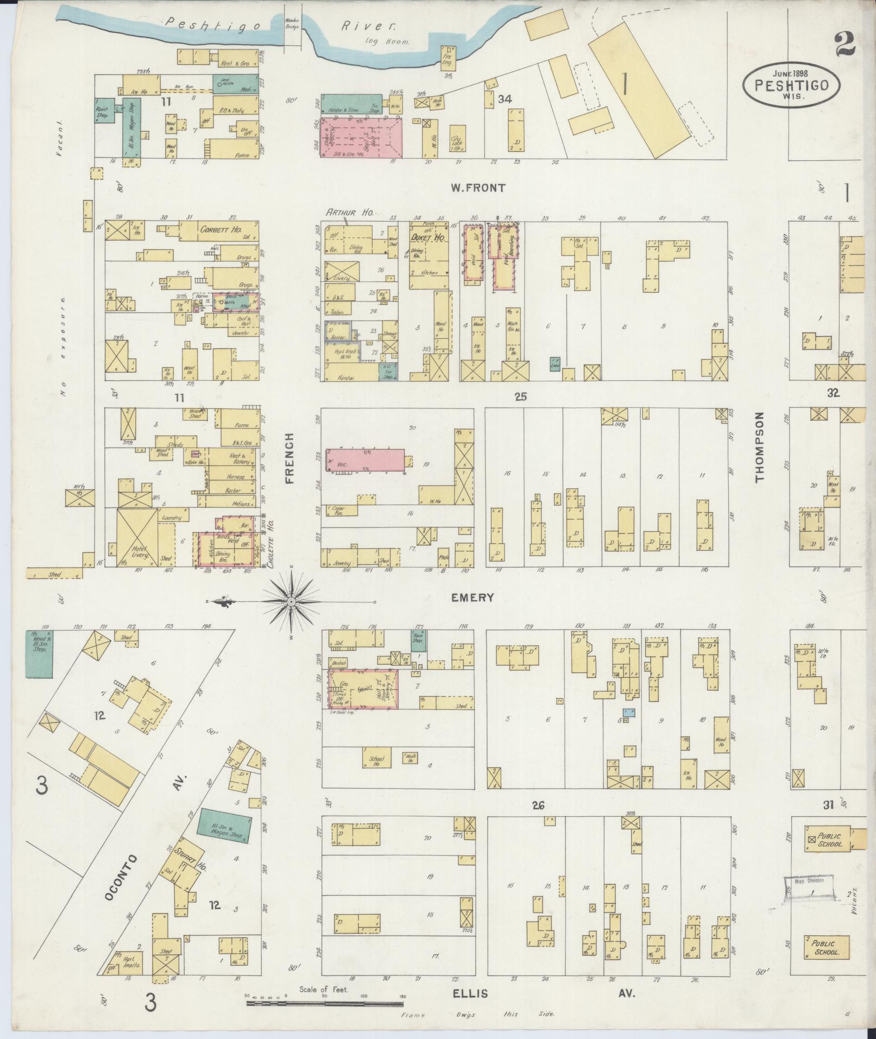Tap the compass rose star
pyautogui.click(x=291, y=602)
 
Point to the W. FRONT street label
pyautogui.click(x=477, y=188)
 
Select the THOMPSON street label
pyautogui.click(x=759, y=446)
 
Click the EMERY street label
pyautogui.click(x=473, y=597)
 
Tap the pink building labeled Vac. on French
pyautogui.click(x=365, y=461)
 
